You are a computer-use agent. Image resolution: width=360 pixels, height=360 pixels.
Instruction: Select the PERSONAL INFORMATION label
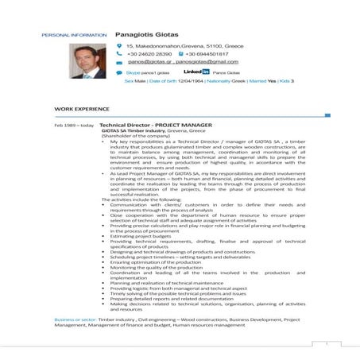point(73,36)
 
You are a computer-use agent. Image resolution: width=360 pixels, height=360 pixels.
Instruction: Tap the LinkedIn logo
point(196,72)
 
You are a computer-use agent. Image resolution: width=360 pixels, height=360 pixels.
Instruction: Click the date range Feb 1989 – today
point(74,125)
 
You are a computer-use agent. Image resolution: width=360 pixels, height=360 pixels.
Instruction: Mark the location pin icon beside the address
point(119,46)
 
